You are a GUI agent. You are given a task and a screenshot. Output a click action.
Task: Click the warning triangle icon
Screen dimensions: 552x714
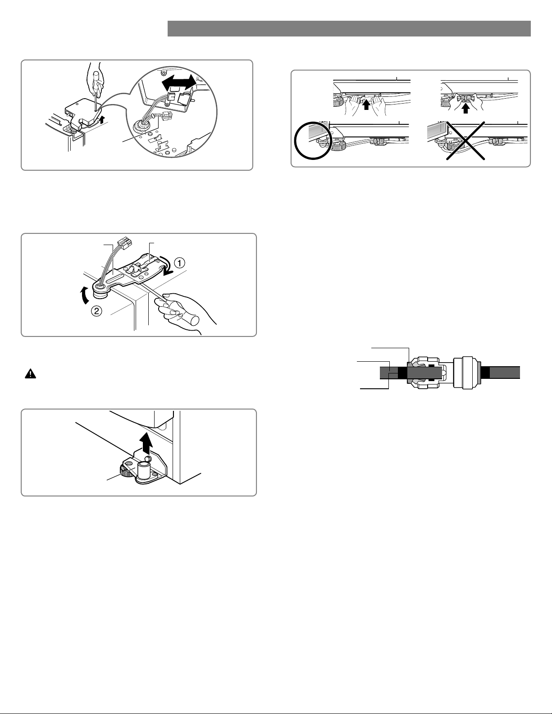(x=31, y=374)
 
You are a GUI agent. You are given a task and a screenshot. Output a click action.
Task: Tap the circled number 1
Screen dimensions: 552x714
(x=180, y=263)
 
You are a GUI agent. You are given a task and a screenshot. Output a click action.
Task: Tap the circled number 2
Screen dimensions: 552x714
(x=96, y=311)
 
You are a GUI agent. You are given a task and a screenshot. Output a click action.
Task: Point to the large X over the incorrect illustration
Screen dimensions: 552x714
(x=465, y=141)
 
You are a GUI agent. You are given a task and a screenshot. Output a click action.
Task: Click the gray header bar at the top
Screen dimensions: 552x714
(x=349, y=28)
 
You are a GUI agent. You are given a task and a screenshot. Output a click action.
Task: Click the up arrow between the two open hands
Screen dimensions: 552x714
(x=367, y=105)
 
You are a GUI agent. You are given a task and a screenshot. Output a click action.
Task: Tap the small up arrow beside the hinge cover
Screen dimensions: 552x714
(x=104, y=118)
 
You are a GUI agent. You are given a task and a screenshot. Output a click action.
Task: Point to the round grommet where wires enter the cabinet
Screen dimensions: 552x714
(x=141, y=127)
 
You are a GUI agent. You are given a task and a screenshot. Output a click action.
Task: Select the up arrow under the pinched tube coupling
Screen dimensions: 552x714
(x=465, y=109)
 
